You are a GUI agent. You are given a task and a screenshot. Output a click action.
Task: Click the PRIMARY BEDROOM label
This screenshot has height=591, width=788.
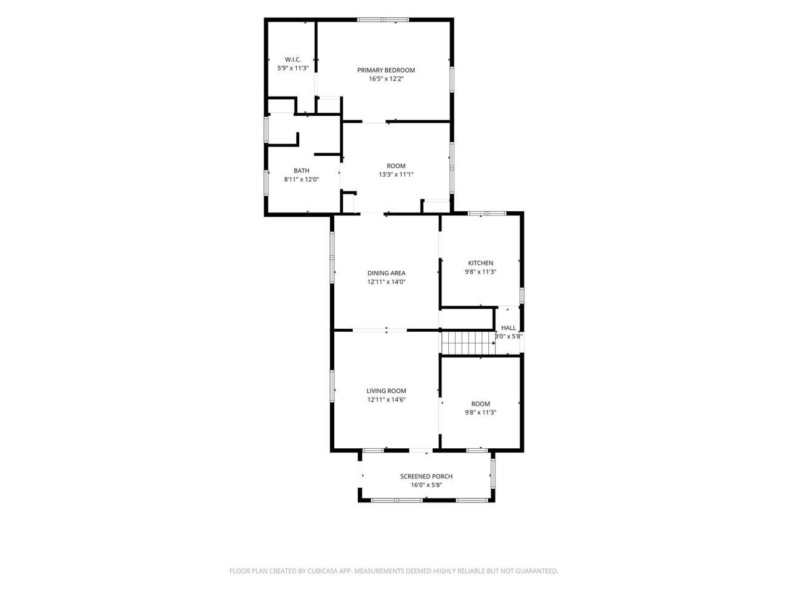(x=386, y=70)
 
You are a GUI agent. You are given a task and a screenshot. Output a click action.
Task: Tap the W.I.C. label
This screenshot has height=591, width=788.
(x=293, y=60)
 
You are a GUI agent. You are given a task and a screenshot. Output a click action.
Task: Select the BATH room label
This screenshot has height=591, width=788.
(x=301, y=171)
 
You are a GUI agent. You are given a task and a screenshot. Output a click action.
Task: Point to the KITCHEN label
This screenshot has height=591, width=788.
(x=480, y=263)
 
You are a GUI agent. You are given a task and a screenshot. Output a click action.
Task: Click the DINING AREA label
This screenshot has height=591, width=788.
(x=386, y=273)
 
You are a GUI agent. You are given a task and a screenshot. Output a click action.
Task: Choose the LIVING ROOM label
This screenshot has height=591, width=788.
(x=386, y=391)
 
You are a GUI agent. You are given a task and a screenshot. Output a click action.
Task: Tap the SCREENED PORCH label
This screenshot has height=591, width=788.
(x=426, y=476)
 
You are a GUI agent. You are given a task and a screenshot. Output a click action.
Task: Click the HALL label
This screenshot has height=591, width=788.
(x=509, y=328)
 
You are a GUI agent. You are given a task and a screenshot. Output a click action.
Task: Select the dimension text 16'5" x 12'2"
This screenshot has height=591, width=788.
(x=386, y=79)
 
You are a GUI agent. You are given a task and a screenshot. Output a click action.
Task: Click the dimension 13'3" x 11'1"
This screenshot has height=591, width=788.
(x=396, y=175)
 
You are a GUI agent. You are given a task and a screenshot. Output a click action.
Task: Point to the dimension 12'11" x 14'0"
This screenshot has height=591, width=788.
(x=386, y=282)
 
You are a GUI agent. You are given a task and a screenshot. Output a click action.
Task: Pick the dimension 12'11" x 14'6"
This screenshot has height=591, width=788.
(x=386, y=400)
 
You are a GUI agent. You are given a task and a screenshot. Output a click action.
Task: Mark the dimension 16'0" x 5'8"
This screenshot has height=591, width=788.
(x=426, y=485)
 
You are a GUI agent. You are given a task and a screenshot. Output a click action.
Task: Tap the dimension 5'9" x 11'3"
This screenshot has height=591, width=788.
(x=293, y=68)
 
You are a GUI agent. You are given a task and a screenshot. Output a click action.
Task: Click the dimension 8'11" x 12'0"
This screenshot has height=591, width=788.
(x=301, y=179)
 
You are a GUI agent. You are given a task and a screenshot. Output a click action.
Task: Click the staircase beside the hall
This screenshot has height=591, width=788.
(x=468, y=343)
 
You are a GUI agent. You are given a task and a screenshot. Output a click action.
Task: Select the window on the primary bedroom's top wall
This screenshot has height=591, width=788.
(x=383, y=19)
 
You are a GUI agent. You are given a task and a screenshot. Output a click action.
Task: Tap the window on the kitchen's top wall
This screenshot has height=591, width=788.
(x=487, y=214)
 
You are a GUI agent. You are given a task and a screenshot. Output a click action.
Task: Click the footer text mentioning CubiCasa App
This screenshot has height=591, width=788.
(x=394, y=571)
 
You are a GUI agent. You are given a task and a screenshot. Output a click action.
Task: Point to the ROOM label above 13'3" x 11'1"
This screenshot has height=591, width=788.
(x=396, y=166)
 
